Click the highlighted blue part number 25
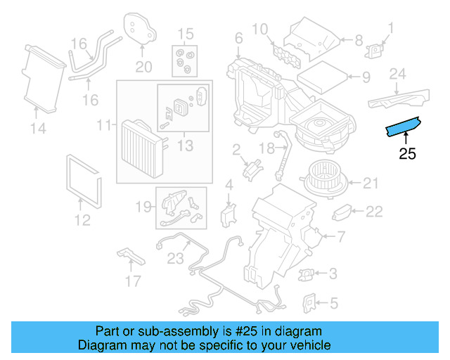tap(403, 127)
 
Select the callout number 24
tap(398, 74)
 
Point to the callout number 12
tap(82, 220)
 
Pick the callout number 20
tap(143, 67)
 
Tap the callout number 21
tap(371, 184)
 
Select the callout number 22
tap(374, 211)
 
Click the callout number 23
tap(175, 257)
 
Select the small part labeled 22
tap(343, 211)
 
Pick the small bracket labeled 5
tap(309, 302)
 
